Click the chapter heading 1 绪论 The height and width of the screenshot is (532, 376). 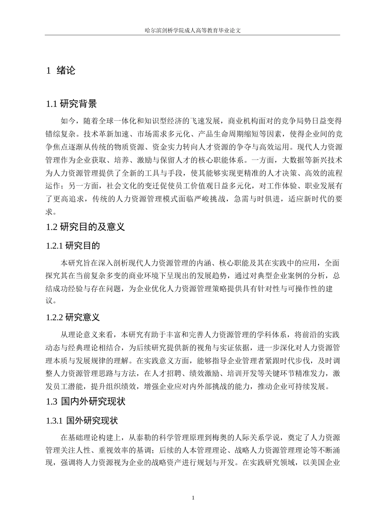[61, 71]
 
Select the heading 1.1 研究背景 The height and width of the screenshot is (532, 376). [72, 104]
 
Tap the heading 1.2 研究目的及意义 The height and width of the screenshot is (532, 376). [85, 227]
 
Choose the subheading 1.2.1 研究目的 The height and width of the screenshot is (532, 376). [73, 246]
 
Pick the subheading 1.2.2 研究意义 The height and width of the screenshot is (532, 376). [73, 317]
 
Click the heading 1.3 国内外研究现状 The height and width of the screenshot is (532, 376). [86, 401]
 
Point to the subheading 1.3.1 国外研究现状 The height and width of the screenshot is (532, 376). [82, 420]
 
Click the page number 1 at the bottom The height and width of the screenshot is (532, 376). [193, 498]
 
